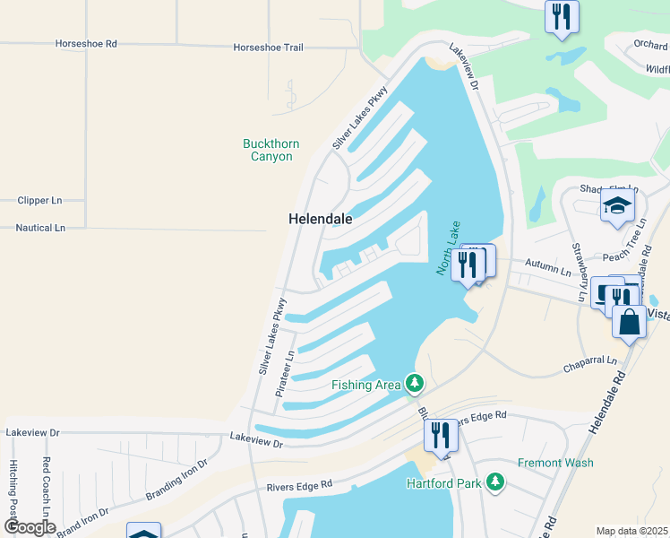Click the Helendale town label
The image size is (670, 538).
point(320,219)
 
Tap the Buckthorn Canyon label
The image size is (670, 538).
point(271,150)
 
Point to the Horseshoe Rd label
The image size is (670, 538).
point(86,43)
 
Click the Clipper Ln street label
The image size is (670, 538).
point(39,201)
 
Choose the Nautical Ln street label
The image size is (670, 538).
point(40,228)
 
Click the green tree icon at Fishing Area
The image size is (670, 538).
point(414,384)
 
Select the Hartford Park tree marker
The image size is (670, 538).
point(495,483)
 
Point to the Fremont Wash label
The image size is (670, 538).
point(554,464)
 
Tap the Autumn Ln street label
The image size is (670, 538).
point(547,269)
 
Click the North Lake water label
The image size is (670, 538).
point(453,250)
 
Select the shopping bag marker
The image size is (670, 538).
point(630,322)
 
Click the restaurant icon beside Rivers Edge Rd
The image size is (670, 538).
point(441,435)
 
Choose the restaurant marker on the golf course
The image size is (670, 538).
point(562,15)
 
